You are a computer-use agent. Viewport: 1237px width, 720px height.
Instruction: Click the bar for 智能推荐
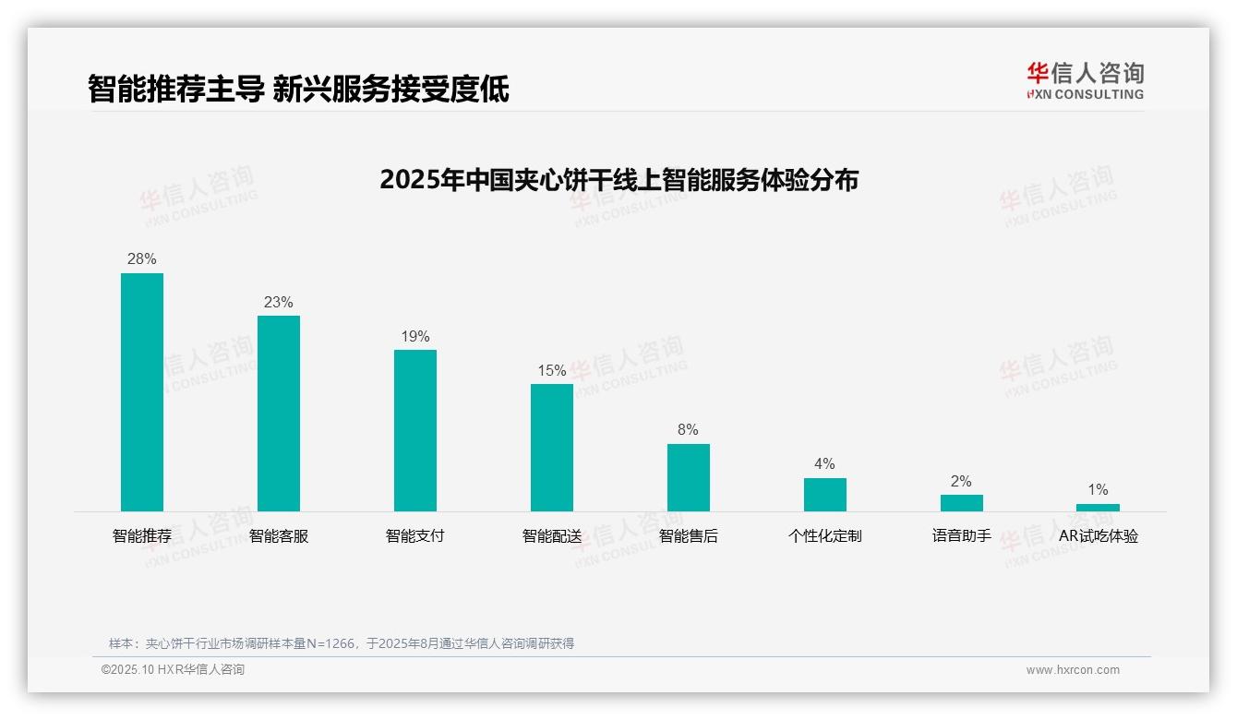[x=142, y=391]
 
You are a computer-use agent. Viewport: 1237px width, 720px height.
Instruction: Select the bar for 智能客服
[x=279, y=413]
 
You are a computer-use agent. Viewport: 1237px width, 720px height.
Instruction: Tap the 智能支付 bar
[x=415, y=430]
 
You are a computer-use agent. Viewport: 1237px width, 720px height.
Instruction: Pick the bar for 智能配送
[x=552, y=447]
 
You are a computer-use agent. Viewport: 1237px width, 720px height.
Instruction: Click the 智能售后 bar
[x=689, y=477]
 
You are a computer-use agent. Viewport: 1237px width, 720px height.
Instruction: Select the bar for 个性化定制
[x=825, y=494]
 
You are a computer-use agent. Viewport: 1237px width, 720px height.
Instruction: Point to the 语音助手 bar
[x=962, y=502]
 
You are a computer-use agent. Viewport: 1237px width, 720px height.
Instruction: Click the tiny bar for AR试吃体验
[x=1098, y=507]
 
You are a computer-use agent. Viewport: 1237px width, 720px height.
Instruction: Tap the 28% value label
[x=142, y=259]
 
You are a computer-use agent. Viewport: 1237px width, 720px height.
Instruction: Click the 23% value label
[x=279, y=303]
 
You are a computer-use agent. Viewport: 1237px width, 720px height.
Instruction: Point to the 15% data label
[x=552, y=371]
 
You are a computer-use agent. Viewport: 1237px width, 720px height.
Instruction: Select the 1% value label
[x=1098, y=490]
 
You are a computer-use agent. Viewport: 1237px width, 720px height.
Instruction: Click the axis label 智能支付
[x=415, y=536]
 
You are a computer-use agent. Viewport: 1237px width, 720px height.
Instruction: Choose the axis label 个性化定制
[x=825, y=536]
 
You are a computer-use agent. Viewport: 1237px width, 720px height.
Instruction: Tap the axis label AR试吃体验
[x=1098, y=536]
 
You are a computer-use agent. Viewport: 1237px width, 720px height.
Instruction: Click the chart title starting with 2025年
[x=618, y=179]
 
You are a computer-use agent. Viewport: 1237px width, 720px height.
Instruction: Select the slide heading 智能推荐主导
[x=297, y=89]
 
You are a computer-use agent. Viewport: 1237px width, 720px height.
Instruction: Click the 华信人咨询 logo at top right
[x=1085, y=80]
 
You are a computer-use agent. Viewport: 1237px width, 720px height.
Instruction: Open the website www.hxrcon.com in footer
[x=1073, y=670]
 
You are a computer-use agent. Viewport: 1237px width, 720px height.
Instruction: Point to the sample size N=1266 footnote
[x=341, y=643]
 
